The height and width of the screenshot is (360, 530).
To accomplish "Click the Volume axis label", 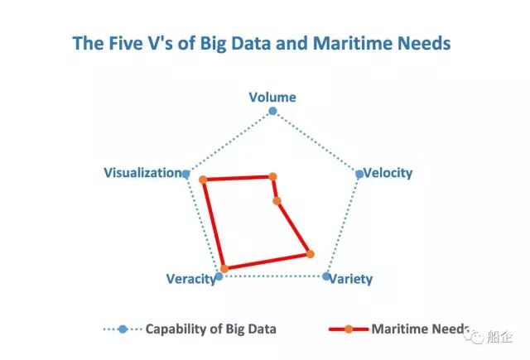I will tap(272, 97).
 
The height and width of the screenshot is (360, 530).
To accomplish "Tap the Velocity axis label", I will tap(388, 173).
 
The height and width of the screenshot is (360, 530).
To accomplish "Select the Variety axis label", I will tap(351, 279).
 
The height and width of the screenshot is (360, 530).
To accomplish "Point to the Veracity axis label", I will tap(190, 279).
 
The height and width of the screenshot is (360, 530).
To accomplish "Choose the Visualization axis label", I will tap(142, 173).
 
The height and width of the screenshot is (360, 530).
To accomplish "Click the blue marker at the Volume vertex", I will tap(273, 111).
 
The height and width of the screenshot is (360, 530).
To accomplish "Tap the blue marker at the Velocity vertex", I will tap(359, 174).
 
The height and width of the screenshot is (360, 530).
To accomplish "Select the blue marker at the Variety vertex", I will tap(326, 276).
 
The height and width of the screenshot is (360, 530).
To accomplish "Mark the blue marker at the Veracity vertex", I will tap(219, 276).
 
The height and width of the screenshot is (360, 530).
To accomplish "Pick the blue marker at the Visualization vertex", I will tap(186, 174).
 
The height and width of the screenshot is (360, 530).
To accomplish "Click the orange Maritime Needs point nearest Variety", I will tap(310, 253).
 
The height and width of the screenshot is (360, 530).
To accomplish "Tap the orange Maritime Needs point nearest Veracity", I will tap(224, 269).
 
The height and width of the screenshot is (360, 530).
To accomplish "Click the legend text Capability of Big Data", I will tap(211, 329).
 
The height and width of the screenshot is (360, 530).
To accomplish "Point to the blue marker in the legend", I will tap(123, 329).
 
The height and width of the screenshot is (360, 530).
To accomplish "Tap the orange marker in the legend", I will tap(349, 329).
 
